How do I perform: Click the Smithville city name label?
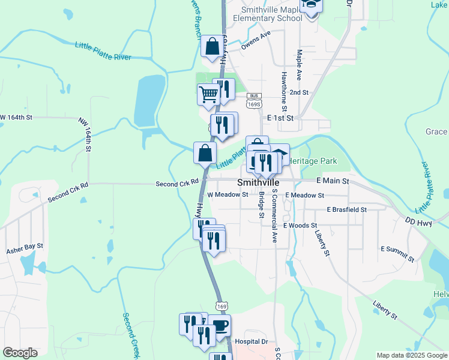[259, 182]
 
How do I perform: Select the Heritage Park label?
[313, 161]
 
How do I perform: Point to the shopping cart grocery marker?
[208, 94]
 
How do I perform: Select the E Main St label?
[333, 180]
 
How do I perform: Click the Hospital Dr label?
[251, 340]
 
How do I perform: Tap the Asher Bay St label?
[25, 247]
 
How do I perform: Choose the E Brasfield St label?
[346, 209]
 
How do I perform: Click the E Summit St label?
[397, 253]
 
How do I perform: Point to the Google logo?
[20, 353]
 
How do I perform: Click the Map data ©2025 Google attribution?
[411, 355]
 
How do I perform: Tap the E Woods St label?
[300, 225]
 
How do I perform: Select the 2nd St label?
[298, 92]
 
